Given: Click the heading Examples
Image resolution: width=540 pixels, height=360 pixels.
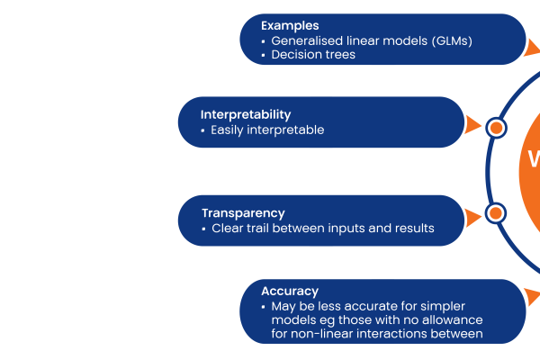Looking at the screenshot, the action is tap(290, 26).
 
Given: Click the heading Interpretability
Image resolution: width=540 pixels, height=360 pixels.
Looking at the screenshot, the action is tap(246, 114).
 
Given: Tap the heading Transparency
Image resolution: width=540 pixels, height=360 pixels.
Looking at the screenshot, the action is tap(243, 213).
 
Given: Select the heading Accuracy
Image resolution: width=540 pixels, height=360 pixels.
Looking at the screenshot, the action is tap(290, 292).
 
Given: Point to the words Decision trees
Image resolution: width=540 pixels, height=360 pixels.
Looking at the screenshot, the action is tap(313, 54).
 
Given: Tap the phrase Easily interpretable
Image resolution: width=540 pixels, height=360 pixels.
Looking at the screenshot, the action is tap(267, 130).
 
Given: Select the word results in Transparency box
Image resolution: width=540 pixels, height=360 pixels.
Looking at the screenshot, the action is tap(414, 228).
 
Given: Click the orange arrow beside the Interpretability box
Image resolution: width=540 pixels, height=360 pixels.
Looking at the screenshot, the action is tap(472, 125).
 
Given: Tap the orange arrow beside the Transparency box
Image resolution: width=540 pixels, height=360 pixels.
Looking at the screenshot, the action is tap(472, 218).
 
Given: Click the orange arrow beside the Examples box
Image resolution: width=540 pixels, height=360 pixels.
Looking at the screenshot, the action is tap(531, 48).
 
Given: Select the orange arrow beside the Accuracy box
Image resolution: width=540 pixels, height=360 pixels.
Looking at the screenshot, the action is tap(532, 297).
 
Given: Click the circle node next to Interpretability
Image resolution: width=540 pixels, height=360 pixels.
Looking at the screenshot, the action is tap(496, 128).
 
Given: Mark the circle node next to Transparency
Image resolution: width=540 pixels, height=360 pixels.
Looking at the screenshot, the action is tap(496, 213).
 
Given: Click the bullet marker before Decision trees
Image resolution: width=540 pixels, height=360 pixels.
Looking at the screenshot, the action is tap(263, 55).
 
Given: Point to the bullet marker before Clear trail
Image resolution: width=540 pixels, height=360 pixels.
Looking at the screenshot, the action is tap(203, 229).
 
